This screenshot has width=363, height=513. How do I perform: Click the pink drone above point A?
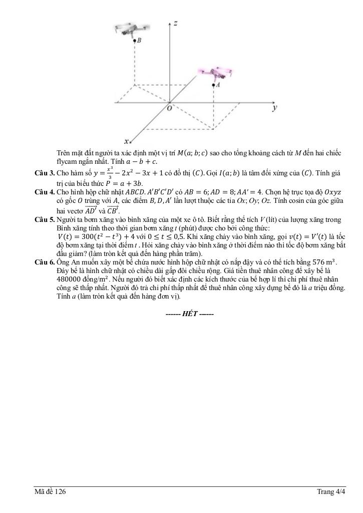[217, 74]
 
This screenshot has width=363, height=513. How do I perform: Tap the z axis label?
[176, 23]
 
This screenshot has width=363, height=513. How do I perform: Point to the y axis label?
[275, 108]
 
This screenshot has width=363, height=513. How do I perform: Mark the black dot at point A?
[213, 86]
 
